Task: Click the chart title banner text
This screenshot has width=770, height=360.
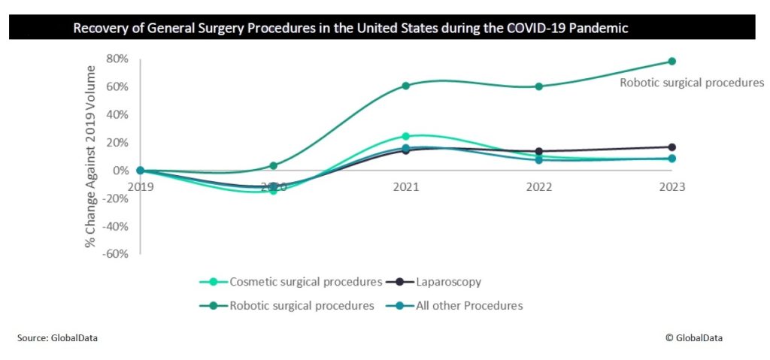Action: point(350,29)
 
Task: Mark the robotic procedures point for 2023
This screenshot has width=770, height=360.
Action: point(671,62)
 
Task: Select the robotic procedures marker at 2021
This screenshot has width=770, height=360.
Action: point(406,86)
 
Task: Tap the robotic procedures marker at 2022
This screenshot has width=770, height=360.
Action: point(539,86)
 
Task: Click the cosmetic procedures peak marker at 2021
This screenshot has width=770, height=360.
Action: point(406,136)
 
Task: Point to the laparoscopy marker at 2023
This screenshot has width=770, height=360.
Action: point(671,147)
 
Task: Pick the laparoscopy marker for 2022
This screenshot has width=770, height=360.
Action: point(539,152)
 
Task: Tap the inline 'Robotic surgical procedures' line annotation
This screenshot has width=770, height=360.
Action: point(692,83)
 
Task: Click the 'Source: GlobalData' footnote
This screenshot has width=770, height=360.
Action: point(57,338)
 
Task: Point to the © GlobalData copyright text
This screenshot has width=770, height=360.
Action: point(694,338)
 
